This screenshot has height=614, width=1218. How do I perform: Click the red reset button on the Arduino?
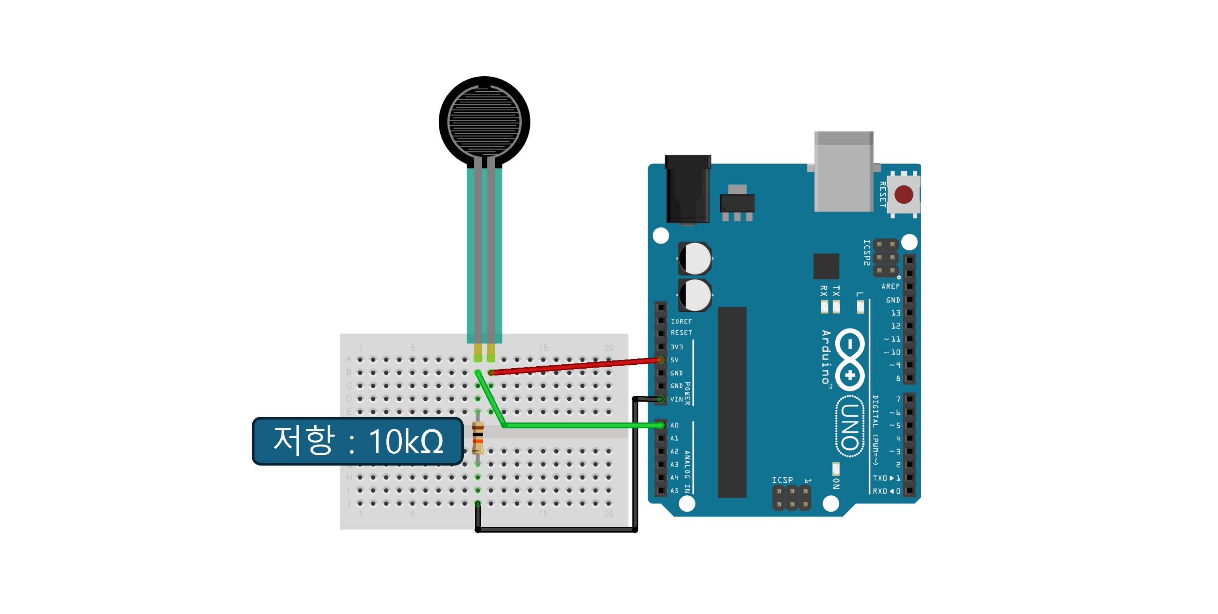[x=904, y=194]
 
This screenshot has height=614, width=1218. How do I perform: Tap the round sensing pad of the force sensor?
[x=484, y=121]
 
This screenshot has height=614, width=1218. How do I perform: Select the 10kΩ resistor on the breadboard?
[x=478, y=438]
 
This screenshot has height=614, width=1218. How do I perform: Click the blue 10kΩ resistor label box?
[x=357, y=441]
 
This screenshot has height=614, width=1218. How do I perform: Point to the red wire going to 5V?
[x=577, y=366]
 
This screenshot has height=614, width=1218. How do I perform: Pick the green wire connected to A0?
[x=582, y=425]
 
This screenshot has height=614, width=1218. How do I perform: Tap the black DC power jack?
[x=688, y=189]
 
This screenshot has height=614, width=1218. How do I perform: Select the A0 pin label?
[x=674, y=425]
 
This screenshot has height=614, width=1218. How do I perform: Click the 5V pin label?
[x=674, y=360]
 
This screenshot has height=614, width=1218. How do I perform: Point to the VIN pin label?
[x=676, y=399]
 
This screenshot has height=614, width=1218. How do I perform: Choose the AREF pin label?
[x=890, y=287]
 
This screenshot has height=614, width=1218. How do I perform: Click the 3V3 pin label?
[x=676, y=347]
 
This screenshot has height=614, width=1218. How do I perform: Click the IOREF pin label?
[x=681, y=321]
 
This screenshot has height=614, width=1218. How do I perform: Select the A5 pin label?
[x=674, y=491]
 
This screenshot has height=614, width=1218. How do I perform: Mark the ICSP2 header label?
[x=867, y=252]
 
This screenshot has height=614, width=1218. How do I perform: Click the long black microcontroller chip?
[x=732, y=402]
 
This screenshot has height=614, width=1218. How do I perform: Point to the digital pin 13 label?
[x=896, y=313]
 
